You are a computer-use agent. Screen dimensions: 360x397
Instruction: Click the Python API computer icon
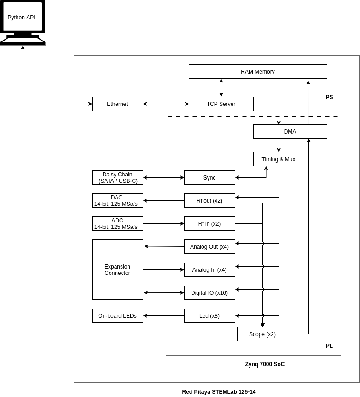[23, 23]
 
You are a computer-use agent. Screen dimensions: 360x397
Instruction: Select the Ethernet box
[117, 104]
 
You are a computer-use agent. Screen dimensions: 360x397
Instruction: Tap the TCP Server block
[221, 104]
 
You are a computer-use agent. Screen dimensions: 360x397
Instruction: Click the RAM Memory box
[258, 72]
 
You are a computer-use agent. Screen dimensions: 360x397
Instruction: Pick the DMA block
[290, 131]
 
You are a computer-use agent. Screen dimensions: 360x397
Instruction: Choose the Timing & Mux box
[279, 159]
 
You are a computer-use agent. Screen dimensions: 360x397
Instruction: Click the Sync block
[209, 177]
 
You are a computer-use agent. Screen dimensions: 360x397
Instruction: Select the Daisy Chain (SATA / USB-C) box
[117, 177]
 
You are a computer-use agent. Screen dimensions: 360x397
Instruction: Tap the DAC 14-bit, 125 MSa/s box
[117, 200]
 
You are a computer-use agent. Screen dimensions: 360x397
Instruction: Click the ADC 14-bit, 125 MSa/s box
[117, 223]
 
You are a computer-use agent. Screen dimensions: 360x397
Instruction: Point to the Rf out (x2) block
[209, 200]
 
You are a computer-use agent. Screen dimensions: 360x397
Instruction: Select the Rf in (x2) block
[209, 223]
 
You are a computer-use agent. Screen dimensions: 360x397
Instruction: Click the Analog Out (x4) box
[209, 246]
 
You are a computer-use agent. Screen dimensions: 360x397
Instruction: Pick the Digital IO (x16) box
[209, 293]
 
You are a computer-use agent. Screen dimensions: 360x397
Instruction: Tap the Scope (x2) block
[262, 334]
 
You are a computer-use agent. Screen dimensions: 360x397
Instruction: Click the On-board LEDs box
[117, 316]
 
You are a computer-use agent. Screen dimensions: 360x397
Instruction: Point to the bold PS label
[329, 97]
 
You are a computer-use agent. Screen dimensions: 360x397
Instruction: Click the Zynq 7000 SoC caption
[265, 364]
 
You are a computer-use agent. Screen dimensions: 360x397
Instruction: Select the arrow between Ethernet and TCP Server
[166, 104]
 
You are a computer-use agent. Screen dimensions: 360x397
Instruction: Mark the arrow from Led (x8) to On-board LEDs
[164, 316]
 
